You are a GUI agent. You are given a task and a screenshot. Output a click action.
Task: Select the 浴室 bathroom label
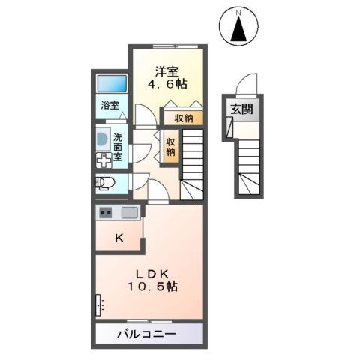110,105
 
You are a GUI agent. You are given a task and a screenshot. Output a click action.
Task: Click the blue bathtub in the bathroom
110,83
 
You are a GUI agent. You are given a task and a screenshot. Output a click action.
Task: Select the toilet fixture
104,182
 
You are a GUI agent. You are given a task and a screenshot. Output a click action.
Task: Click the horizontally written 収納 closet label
184,118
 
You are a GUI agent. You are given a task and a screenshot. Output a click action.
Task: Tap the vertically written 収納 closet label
170,145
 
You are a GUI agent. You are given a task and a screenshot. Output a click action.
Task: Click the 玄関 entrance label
241,110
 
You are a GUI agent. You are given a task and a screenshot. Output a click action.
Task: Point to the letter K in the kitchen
119,238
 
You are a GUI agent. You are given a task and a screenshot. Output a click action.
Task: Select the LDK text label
150,271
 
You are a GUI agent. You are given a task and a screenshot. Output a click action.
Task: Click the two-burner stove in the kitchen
105,212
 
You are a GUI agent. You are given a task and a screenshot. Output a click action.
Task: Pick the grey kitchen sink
129,212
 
